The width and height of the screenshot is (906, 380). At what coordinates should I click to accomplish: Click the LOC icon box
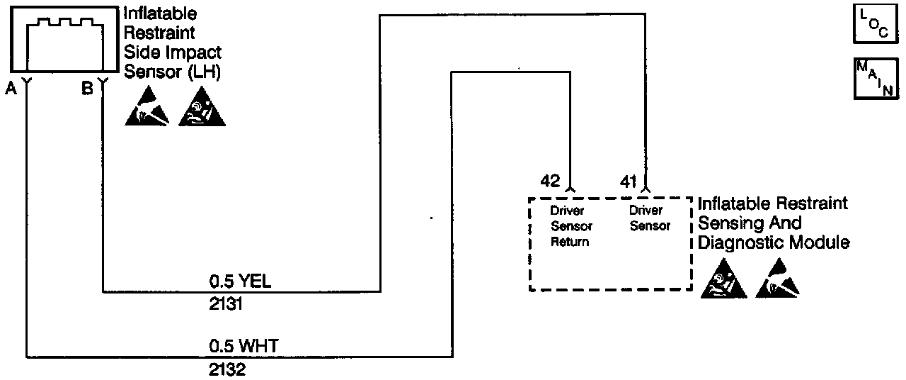tap(874, 23)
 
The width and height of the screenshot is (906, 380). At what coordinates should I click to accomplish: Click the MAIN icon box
tap(875, 79)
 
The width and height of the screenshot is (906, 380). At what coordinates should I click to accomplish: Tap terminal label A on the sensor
tap(11, 89)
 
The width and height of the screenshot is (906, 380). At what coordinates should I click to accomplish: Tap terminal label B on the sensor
tap(87, 89)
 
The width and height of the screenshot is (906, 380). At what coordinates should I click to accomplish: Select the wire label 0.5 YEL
tap(240, 281)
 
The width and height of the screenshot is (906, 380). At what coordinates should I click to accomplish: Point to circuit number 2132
tap(226, 370)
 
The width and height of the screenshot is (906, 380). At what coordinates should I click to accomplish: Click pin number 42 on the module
tap(550, 181)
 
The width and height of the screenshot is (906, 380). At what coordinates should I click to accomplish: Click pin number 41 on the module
tap(629, 181)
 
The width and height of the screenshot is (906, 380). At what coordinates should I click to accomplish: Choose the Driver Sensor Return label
tap(571, 226)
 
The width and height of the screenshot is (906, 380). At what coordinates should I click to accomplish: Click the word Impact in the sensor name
tap(190, 52)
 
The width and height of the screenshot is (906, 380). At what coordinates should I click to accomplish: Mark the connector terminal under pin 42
tap(570, 189)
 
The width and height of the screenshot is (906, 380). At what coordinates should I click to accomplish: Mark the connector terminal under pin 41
tap(645, 189)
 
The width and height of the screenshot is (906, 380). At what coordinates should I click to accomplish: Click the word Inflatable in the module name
tap(733, 204)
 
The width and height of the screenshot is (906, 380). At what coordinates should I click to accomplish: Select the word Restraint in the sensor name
tap(159, 33)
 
